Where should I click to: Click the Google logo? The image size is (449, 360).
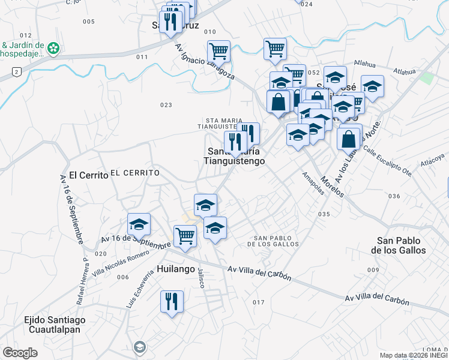[x=20, y=353]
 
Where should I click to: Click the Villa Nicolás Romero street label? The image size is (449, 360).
[x=120, y=264]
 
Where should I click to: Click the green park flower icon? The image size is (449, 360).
[x=53, y=47]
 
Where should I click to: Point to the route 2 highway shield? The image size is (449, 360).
[x=16, y=72]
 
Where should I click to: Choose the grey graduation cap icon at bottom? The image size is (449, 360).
[x=140, y=347]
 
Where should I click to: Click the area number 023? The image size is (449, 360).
[x=166, y=105]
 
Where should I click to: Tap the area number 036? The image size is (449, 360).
[x=394, y=196]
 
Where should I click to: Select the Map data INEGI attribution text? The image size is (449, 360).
[x=414, y=355]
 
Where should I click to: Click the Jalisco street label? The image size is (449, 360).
[x=202, y=277]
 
